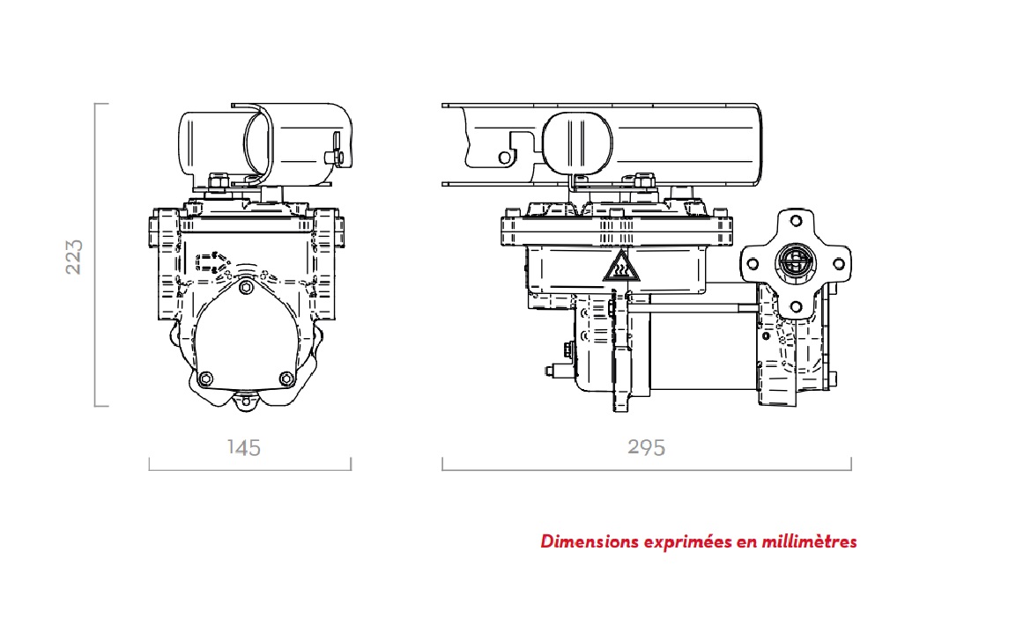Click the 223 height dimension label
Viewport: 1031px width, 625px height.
point(75,255)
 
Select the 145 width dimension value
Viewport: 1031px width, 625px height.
point(244,447)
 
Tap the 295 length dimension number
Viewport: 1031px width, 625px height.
point(647,447)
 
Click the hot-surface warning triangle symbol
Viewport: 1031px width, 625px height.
point(620,267)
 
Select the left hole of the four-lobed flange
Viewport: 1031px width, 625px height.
point(753,262)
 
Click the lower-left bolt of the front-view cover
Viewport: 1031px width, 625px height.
point(206,379)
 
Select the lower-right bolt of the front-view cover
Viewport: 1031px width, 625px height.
point(286,379)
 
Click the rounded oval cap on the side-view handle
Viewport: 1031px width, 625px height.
point(576,140)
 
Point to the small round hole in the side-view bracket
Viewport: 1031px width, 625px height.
point(505,157)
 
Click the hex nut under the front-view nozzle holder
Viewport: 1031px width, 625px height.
point(218,182)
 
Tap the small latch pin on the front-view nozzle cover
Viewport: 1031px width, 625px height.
point(335,157)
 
